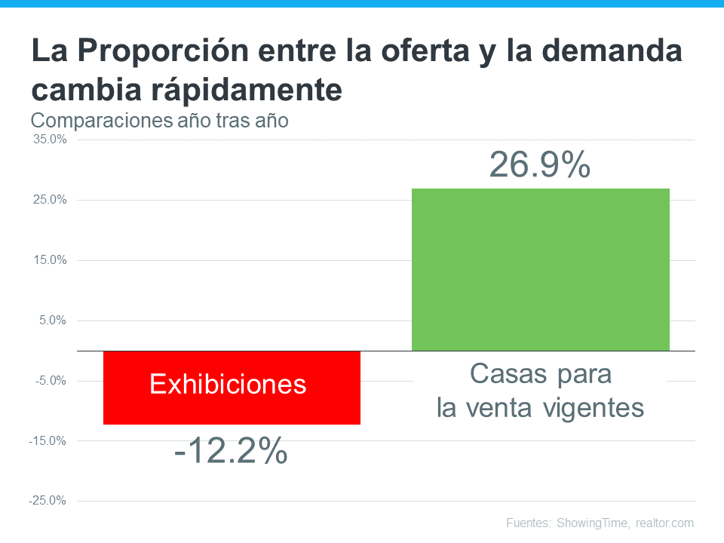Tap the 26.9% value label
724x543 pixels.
[540, 165]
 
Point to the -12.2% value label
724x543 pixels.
[231, 452]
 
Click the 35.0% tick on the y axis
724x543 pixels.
[50, 140]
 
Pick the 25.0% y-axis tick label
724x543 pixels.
[50, 200]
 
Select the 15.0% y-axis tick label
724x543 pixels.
[50, 260]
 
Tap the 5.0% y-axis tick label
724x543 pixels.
[52, 321]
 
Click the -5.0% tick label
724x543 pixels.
[51, 381]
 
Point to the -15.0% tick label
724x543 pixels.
[48, 440]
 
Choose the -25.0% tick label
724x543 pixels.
[48, 501]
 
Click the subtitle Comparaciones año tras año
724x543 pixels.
[159, 120]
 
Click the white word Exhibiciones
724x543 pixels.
[229, 385]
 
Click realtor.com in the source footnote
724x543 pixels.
[664, 523]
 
